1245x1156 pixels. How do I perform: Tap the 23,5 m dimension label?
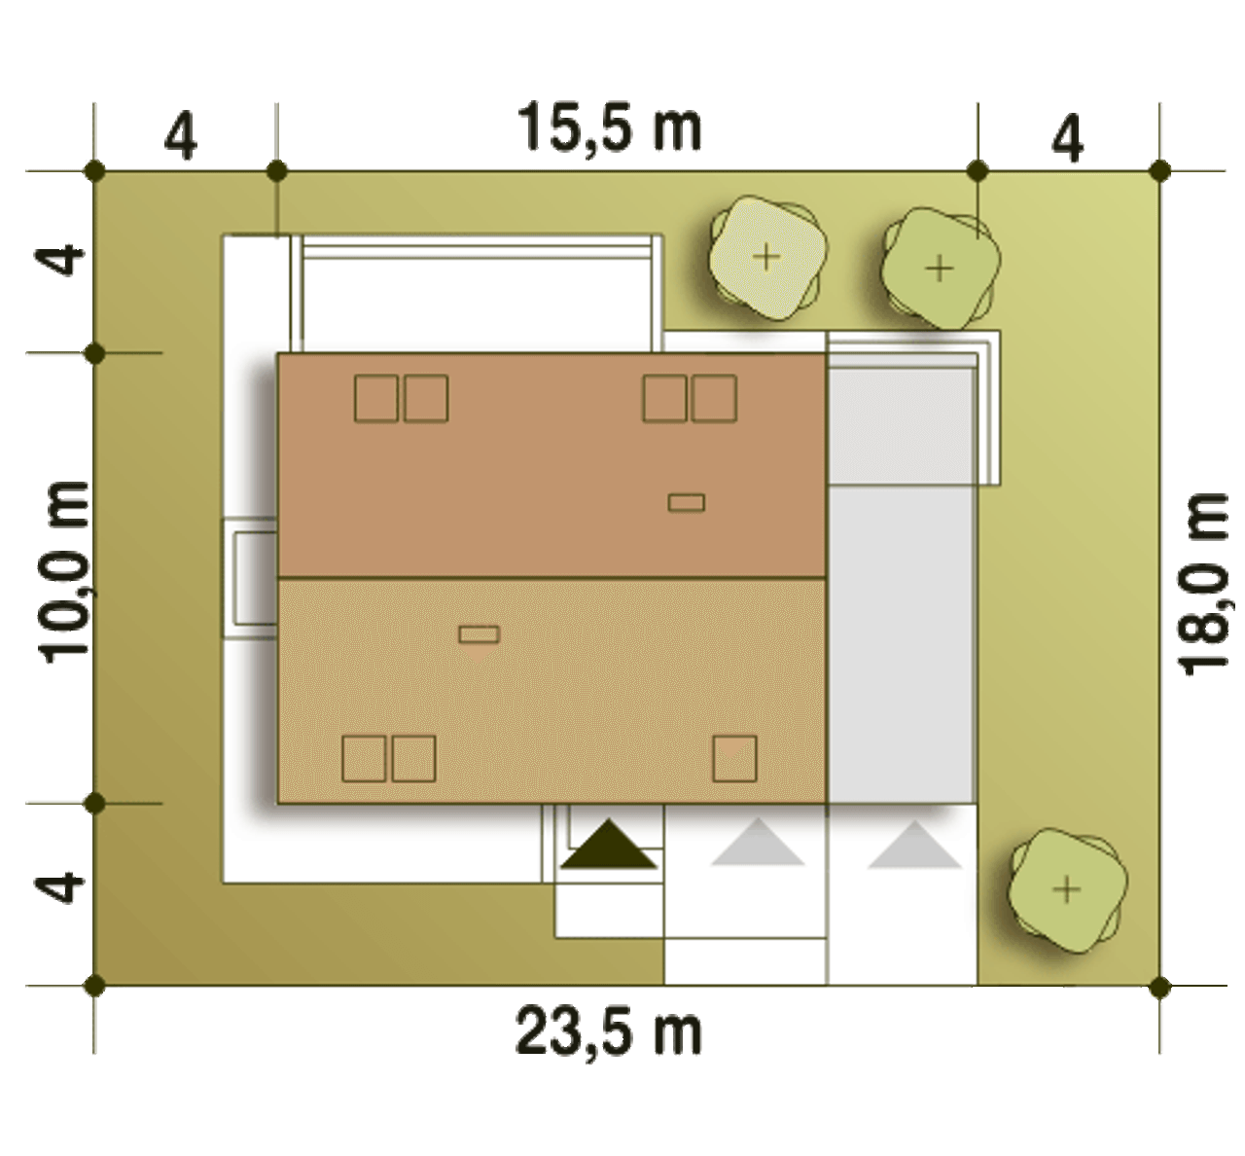pos(609,1033)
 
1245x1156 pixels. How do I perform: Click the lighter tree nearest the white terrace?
pos(767,259)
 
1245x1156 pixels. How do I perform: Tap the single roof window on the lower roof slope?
pos(734,759)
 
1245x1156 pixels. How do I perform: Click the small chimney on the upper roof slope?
pos(687,502)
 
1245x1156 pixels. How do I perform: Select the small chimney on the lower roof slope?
pos(479,634)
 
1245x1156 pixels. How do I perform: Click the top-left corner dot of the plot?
pos(94,170)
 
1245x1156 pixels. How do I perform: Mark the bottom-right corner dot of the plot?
pos(1160,986)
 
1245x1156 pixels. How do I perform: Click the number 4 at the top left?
pos(181,136)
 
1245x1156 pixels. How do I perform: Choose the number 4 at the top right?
pos(1068,138)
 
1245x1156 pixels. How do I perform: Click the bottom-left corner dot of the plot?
pos(94,986)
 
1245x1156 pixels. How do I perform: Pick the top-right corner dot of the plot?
pos(1160,170)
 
